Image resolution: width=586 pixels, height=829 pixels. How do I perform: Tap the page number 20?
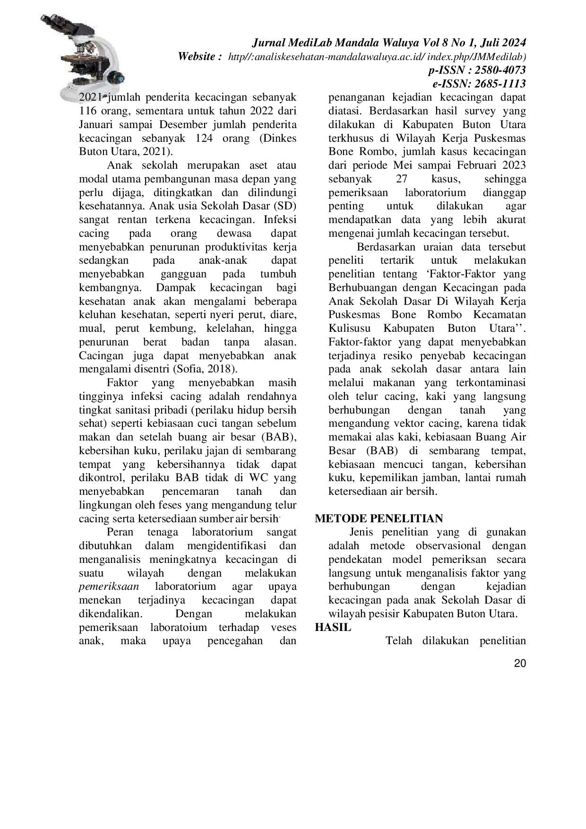(519, 664)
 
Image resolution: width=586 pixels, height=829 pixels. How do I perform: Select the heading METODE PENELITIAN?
(379, 518)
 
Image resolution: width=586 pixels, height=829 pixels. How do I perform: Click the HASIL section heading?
(333, 628)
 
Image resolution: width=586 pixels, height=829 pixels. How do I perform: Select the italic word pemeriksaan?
(109, 587)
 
